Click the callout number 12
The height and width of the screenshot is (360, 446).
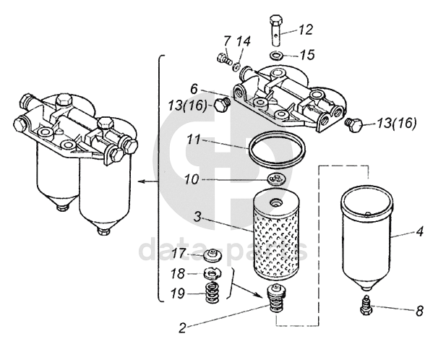pyautogui.click(x=306, y=30)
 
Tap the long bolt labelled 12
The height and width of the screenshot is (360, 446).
pyautogui.click(x=275, y=30)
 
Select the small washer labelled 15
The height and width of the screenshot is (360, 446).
pyautogui.click(x=275, y=55)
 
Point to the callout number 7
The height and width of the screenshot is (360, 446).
pyautogui.click(x=227, y=41)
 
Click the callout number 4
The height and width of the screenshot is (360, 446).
pyautogui.click(x=419, y=231)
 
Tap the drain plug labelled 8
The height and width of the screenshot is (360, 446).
pyautogui.click(x=366, y=305)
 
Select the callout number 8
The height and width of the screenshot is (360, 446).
pyautogui.click(x=419, y=311)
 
